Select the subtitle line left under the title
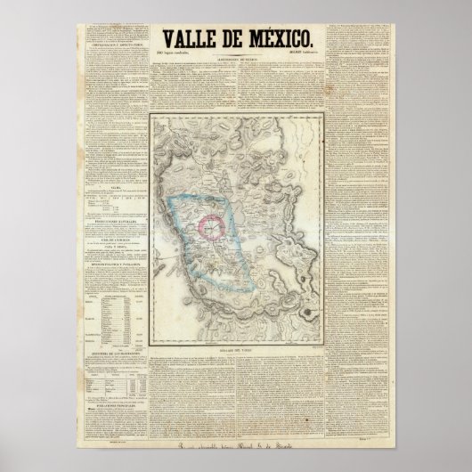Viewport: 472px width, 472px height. click(x=182, y=53)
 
